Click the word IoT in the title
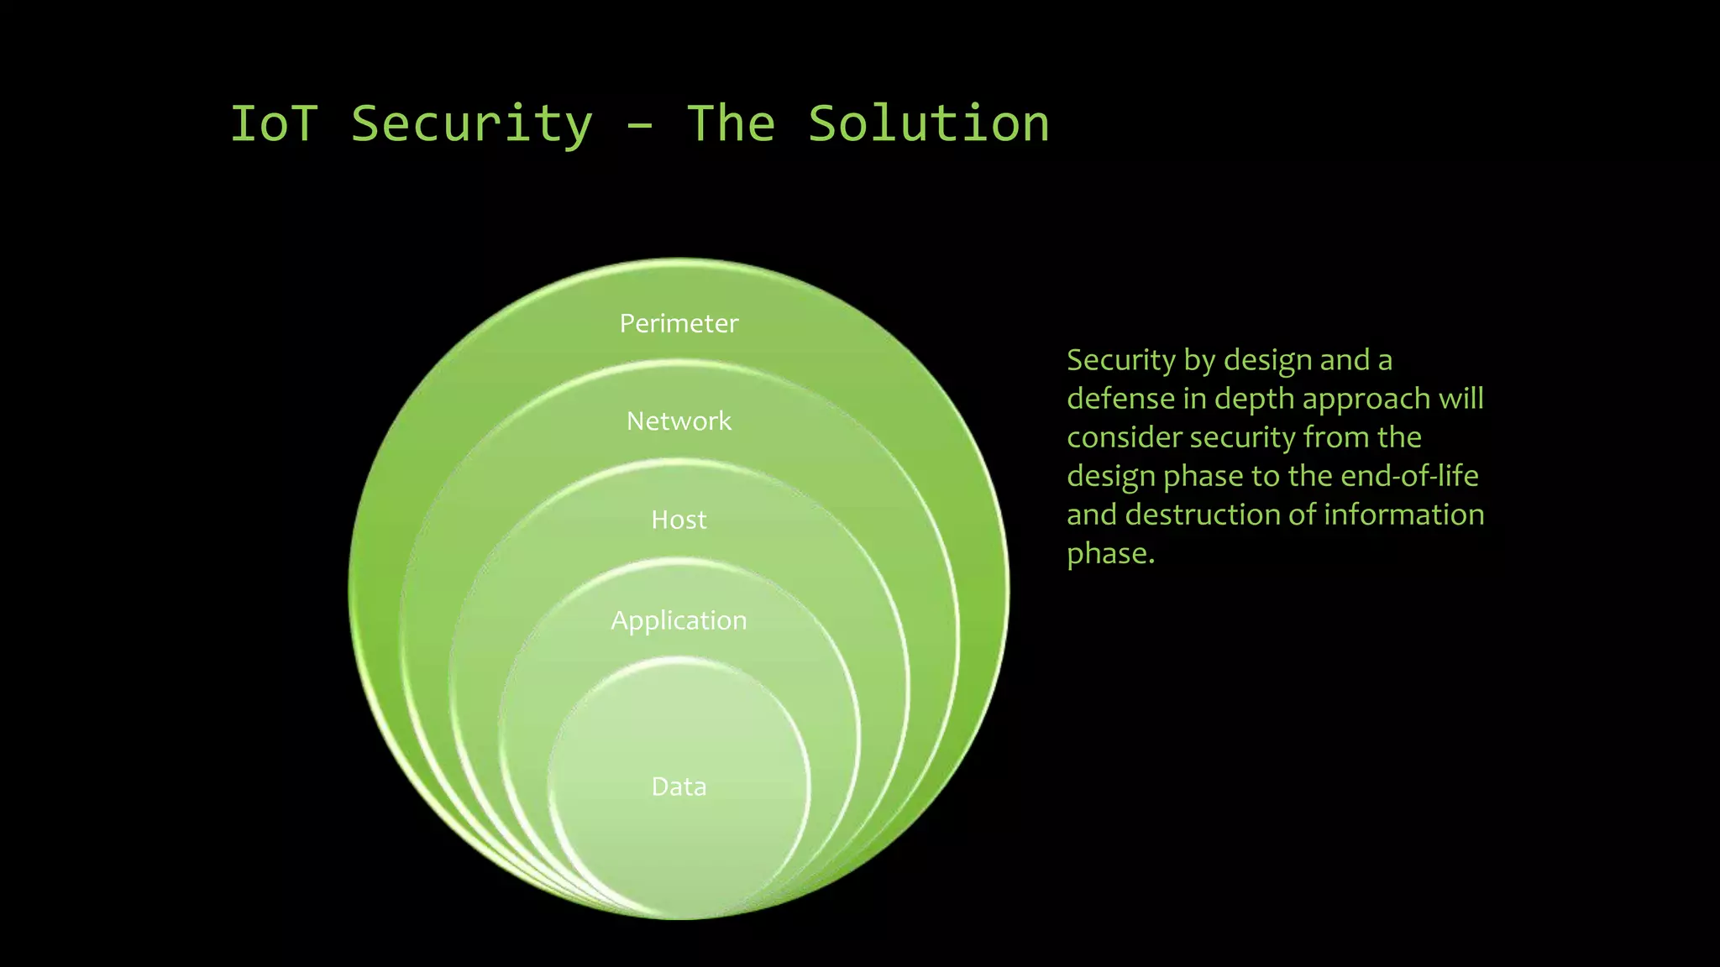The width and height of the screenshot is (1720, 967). coord(274,124)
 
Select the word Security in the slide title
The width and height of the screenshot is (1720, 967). coord(471,124)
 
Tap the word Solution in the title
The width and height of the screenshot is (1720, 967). coord(928,124)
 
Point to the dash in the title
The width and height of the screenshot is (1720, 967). coord(639,126)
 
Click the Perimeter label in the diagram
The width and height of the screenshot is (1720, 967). coord(679,323)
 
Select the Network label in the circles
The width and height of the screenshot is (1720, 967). coord(679,421)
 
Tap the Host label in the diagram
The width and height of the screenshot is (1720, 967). coord(679,520)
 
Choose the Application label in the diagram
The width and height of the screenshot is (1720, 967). coord(679,620)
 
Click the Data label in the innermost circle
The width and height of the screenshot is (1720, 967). coord(679,787)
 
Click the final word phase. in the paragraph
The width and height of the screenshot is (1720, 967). coord(1110,554)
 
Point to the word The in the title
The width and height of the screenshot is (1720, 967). coord(731,124)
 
